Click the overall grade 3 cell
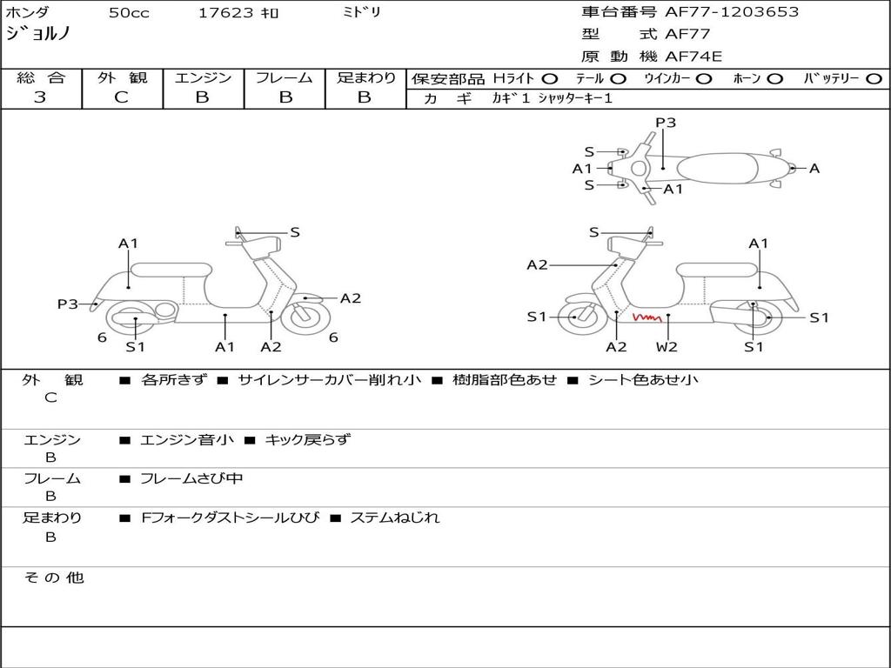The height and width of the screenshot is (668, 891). point(40,97)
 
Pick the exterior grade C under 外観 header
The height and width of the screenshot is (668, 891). point(121,97)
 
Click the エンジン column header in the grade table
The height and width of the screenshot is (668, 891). point(203,77)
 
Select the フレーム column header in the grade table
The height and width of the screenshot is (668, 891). point(284,77)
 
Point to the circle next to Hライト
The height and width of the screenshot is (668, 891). point(550,79)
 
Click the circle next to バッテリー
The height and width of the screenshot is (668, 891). point(874,79)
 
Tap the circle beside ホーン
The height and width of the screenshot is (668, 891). point(774,79)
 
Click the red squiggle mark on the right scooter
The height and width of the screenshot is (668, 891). point(646,318)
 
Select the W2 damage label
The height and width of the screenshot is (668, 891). point(667,346)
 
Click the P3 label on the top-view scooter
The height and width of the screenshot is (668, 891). point(666,123)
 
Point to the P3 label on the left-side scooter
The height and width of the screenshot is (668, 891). point(68,304)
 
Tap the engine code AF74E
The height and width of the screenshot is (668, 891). point(693,57)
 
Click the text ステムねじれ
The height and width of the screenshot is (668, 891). point(394,518)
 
